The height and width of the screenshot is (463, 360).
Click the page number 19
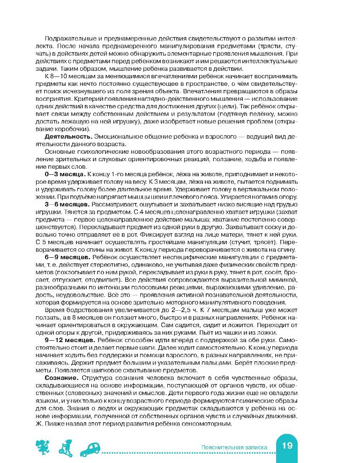tap(287, 446)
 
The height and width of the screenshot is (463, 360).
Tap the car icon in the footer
tap(92, 448)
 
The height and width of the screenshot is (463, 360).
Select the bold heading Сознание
tap(61, 364)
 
